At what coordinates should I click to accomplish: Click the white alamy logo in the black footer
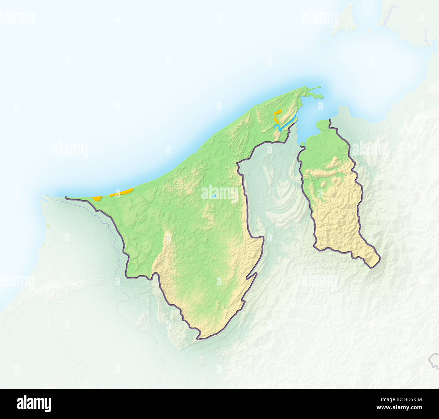tap(34, 403)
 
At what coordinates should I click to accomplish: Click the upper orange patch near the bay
tap(278, 112)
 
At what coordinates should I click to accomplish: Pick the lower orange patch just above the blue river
tap(277, 121)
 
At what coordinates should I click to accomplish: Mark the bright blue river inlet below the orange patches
tap(285, 125)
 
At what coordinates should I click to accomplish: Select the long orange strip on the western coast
tap(122, 193)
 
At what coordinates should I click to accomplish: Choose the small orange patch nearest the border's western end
tap(97, 198)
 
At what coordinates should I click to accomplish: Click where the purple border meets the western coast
tap(66, 198)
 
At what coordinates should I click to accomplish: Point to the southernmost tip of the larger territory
tap(199, 338)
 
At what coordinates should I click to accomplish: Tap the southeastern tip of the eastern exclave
tap(372, 267)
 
